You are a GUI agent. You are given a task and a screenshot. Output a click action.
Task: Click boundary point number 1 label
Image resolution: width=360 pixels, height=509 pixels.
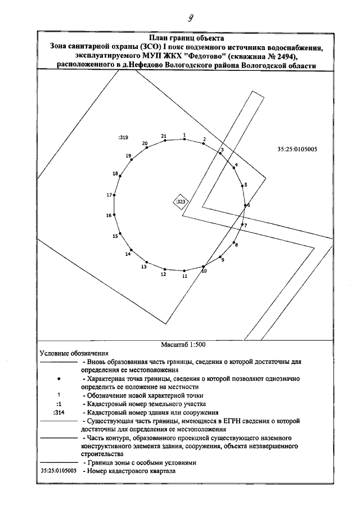click(x=184, y=134)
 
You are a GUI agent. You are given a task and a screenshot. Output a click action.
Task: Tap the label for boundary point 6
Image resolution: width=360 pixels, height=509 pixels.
click(x=248, y=205)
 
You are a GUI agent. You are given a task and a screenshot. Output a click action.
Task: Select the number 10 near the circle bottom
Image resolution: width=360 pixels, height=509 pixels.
click(x=204, y=271)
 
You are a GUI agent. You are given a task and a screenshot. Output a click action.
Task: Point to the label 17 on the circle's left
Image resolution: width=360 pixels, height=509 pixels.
click(x=110, y=195)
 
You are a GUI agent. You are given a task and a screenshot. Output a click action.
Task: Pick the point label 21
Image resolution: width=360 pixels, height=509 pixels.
click(x=164, y=136)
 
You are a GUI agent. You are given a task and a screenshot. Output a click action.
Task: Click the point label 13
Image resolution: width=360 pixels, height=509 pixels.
click(x=144, y=267)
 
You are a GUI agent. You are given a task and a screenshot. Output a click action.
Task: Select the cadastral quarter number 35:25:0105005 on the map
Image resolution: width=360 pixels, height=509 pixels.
click(x=298, y=150)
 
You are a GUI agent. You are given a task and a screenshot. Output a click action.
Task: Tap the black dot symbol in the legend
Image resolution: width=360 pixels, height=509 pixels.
click(x=59, y=379)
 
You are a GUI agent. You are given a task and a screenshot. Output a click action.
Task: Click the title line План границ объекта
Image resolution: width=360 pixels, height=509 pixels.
click(x=184, y=38)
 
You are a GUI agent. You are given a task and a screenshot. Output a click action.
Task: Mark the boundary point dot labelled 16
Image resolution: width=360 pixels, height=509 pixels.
click(x=114, y=215)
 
